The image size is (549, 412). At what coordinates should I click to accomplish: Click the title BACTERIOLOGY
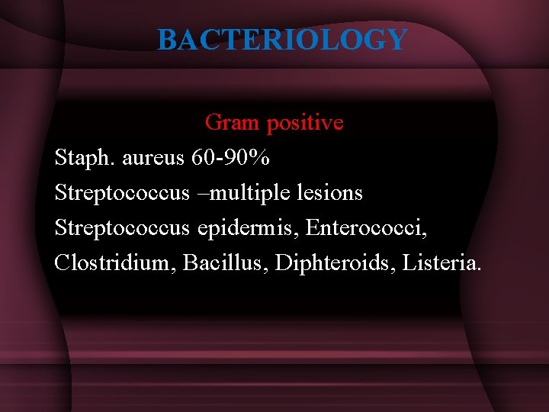282,39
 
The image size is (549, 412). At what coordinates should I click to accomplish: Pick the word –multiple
239,193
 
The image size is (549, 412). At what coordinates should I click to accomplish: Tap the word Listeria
439,263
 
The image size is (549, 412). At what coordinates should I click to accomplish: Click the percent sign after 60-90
262,158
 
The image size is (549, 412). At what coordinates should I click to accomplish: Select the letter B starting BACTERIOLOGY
166,39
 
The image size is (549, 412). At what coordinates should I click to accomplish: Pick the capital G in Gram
213,122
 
